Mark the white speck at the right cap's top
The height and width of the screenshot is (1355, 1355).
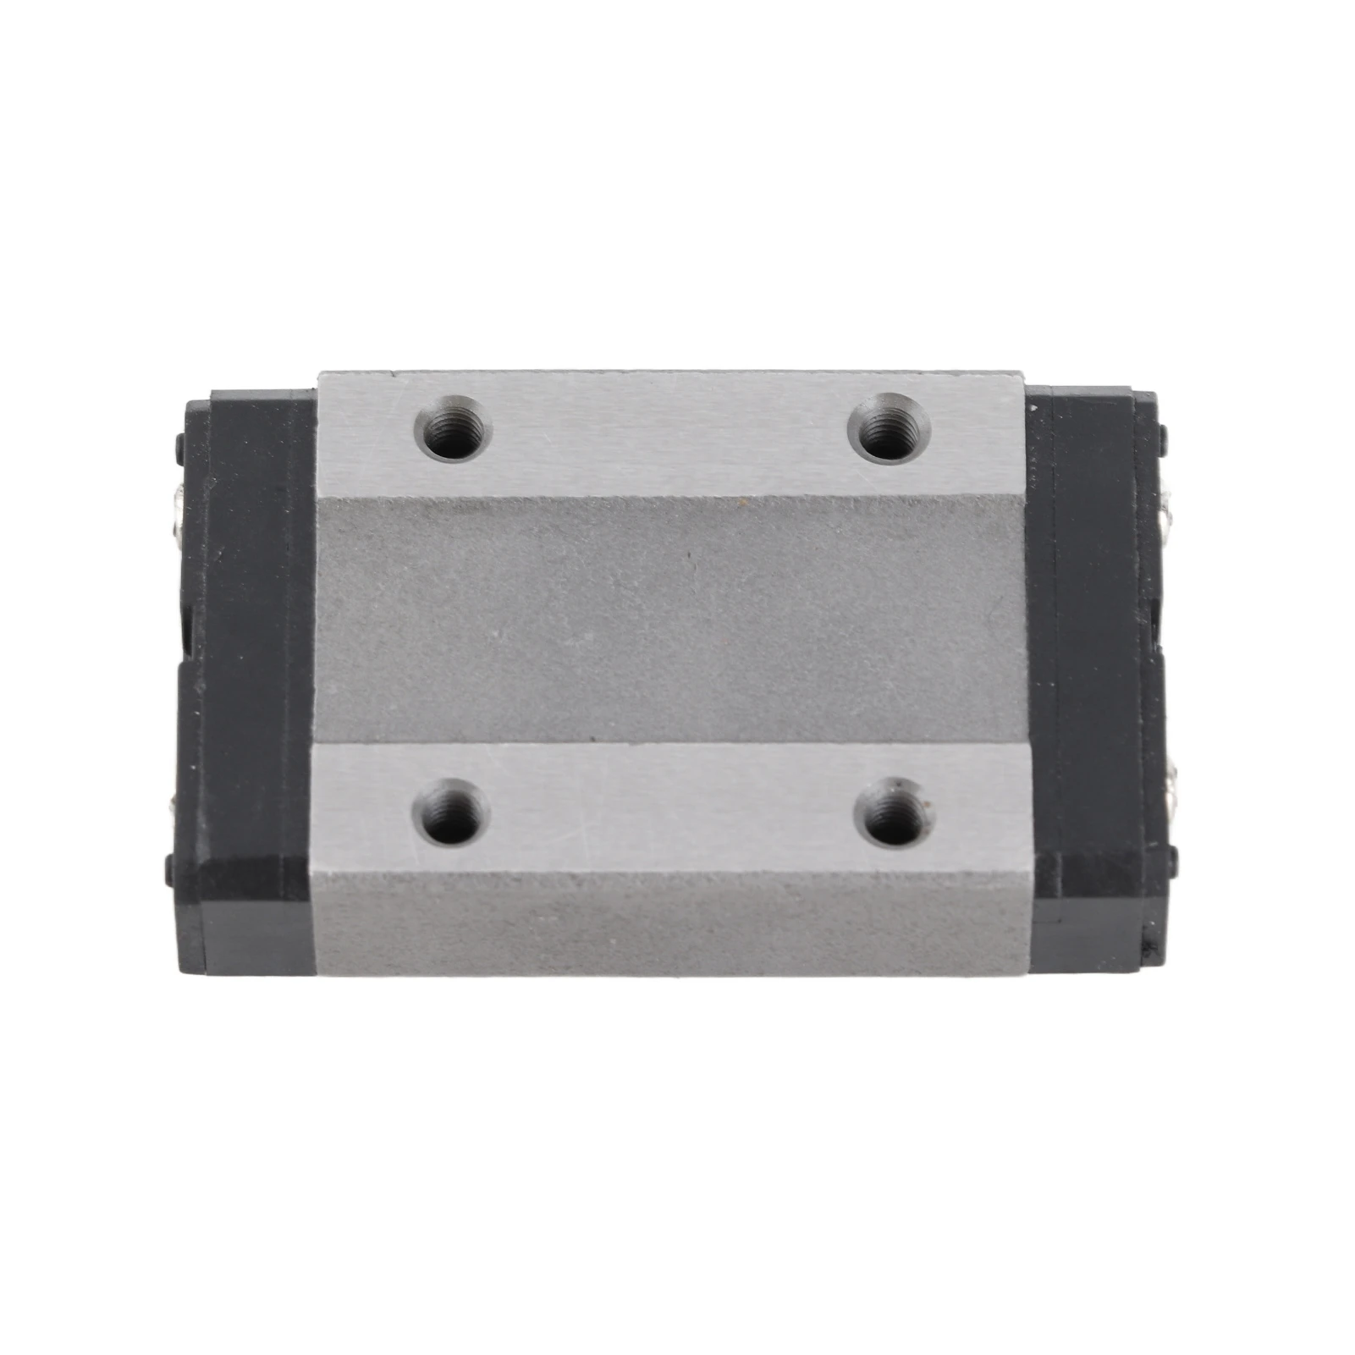tap(1034, 410)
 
